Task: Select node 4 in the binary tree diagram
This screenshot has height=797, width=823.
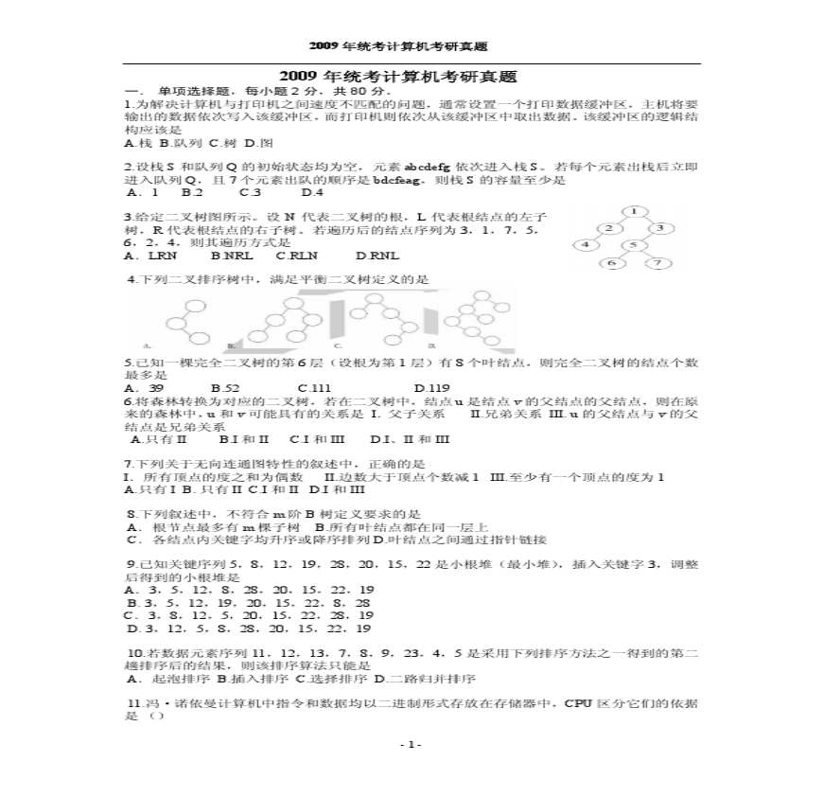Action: tap(587, 245)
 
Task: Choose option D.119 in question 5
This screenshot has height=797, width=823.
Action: tap(432, 387)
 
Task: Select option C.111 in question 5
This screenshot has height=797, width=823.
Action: tap(314, 387)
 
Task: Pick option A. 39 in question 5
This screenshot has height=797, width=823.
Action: tap(145, 387)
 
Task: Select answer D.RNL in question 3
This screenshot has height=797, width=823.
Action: tap(377, 255)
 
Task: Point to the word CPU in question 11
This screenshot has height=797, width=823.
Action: tap(579, 703)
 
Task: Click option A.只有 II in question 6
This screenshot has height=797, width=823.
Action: tap(159, 438)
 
